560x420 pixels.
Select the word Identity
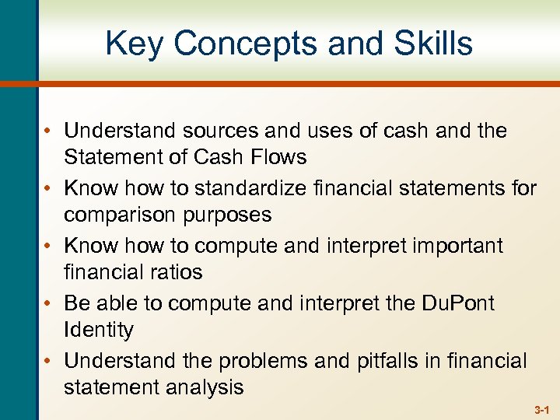99,330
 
